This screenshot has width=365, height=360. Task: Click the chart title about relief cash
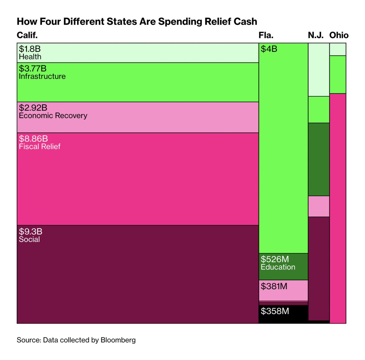point(137,22)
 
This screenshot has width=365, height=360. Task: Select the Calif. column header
point(27,35)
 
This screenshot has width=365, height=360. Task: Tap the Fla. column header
point(266,35)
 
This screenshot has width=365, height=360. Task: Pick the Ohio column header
point(339,35)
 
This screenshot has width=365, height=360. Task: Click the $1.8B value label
point(30,49)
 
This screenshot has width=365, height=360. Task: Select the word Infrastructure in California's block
point(42,76)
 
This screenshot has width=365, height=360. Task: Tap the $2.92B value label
point(33,108)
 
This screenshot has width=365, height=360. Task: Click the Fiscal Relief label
point(40,147)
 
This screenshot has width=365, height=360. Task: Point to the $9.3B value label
point(31,232)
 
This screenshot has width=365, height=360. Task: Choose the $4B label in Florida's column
point(269,49)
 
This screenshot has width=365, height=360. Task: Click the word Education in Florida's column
point(278,267)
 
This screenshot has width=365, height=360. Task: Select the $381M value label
point(274,286)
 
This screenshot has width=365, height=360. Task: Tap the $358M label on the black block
point(275,311)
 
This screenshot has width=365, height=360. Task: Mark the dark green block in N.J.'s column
point(319,159)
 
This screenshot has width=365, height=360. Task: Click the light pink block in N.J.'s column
point(319,206)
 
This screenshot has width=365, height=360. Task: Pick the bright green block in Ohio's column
point(338,75)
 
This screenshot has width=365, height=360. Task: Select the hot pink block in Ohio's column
point(338,208)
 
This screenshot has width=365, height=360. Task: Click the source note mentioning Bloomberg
point(76,340)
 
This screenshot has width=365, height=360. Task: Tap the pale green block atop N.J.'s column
point(319,70)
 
